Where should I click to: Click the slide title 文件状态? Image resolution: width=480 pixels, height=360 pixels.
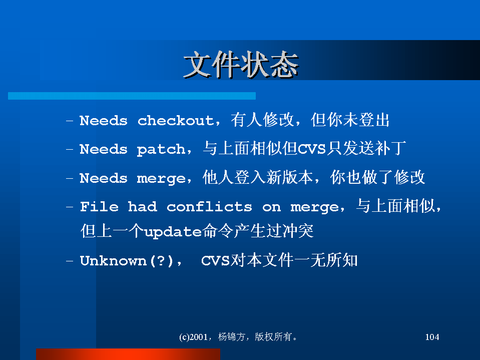(x=241, y=65)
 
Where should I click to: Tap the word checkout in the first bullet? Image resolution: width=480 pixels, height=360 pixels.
(x=176, y=121)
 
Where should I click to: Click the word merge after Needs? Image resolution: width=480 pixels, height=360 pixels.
(x=161, y=179)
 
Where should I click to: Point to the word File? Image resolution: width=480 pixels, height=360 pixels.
(x=99, y=207)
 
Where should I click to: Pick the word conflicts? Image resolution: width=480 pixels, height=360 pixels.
(x=209, y=207)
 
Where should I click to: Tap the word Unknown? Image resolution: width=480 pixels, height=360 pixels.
(x=113, y=261)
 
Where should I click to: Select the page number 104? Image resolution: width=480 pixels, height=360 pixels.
(x=432, y=337)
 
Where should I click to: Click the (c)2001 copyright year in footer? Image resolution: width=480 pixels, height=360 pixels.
(x=194, y=337)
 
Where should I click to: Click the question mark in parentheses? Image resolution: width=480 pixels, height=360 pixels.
(x=161, y=260)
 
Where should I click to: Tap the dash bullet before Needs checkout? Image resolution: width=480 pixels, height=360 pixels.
(x=70, y=121)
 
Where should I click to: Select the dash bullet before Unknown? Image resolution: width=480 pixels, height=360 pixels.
(x=70, y=261)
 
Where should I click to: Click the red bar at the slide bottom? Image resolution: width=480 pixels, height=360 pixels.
(x=128, y=354)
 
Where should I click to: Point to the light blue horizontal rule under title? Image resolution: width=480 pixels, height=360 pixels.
(x=132, y=96)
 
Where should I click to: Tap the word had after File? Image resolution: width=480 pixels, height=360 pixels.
(x=143, y=207)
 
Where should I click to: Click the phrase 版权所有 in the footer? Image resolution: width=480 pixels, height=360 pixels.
(x=273, y=337)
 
